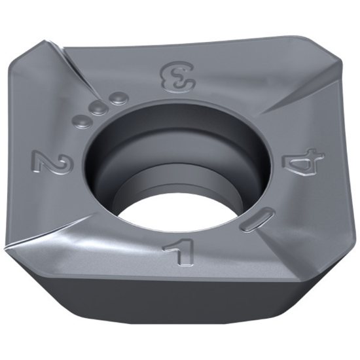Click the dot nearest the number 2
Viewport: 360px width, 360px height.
point(84,120)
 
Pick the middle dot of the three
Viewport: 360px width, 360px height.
point(99,109)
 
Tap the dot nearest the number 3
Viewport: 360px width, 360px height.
point(117,99)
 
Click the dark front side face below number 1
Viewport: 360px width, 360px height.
point(177,308)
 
